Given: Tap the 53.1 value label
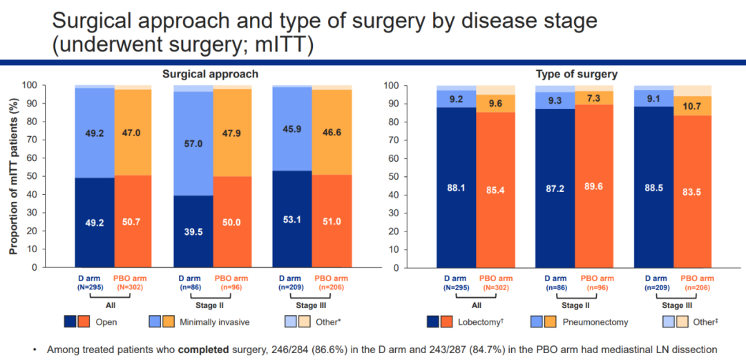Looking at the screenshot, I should coord(291,220).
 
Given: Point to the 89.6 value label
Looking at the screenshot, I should coord(595,186).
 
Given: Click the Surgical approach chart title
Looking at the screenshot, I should coord(210,74).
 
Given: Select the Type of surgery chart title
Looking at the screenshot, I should coord(577,74).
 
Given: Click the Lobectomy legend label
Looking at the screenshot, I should coord(486,321).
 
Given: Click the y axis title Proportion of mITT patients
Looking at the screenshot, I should coord(12,176).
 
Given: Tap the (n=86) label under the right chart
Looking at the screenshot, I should coord(555,286).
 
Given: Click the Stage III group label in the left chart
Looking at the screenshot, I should coord(313,305).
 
